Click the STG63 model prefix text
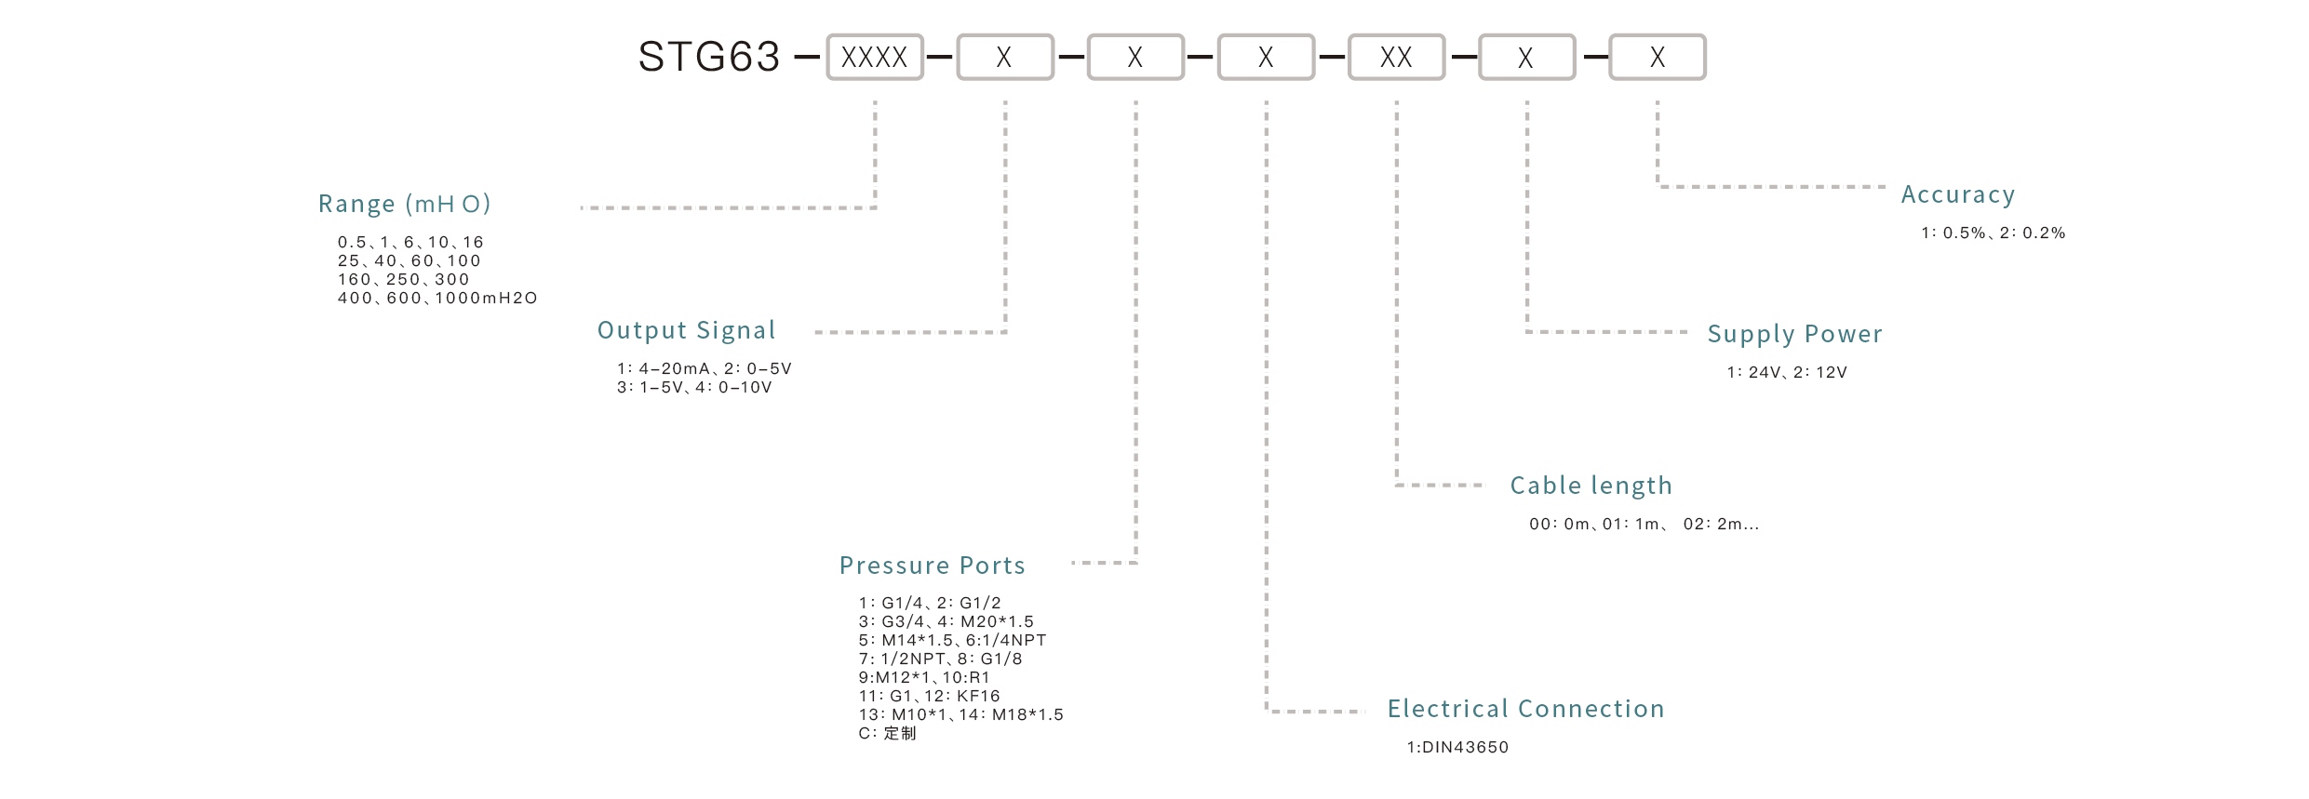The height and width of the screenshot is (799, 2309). pos(708,57)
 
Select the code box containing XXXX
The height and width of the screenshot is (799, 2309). pos(874,58)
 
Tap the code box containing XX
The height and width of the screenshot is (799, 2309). pos(1395,58)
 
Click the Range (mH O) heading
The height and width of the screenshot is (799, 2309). pos(404,204)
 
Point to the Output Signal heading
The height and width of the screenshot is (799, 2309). pos(686,330)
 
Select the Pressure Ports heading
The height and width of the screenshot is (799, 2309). pos(932,566)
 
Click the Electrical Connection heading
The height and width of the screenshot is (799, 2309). pos(1525,709)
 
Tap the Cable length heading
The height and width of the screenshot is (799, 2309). pos(1591,486)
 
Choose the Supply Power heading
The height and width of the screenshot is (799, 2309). pos(1794,334)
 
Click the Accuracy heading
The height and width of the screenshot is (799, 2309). pos(1957,194)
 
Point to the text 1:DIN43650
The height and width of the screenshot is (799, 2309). pos(1457,747)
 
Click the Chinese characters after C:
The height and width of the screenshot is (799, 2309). pos(899,734)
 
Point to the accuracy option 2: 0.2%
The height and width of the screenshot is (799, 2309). pos(2032,233)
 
